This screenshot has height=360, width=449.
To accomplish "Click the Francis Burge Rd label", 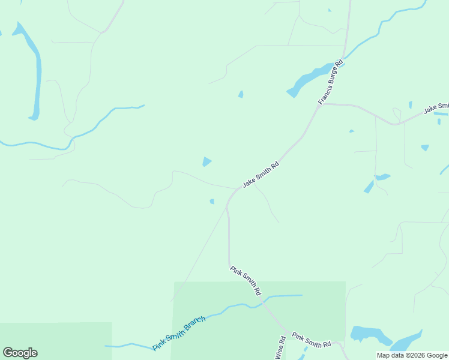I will [330, 82].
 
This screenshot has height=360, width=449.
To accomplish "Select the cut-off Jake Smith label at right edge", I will [436, 109].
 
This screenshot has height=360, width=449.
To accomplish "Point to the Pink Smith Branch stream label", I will [179, 334].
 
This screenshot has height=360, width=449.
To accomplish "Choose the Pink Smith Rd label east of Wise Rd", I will [312, 340].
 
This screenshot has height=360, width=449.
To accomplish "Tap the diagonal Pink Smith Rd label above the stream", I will [246, 280].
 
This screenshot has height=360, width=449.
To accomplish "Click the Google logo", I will [20, 353].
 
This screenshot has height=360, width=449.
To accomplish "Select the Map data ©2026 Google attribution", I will [412, 355].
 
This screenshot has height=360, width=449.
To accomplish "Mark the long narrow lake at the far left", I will [35, 72].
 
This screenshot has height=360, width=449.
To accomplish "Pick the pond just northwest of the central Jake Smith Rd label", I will [206, 161].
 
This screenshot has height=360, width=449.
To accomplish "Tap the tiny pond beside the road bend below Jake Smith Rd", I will [212, 202].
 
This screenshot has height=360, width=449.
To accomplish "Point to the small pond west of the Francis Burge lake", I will [241, 94].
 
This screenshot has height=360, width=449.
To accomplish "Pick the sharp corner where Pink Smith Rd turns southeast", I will [229, 266].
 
